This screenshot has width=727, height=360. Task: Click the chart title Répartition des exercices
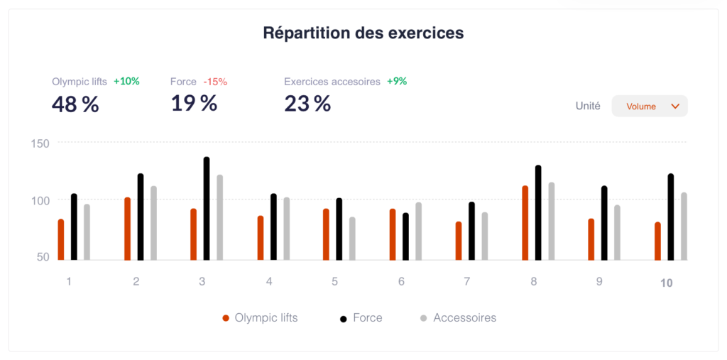(363, 33)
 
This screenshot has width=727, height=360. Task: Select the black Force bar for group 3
(207, 209)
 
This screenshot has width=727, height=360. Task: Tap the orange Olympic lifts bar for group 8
(525, 223)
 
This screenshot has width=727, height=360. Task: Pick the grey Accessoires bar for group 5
(352, 239)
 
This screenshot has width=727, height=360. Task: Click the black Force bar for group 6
(405, 236)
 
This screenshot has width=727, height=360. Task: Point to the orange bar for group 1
(61, 240)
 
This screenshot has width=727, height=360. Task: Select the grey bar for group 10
(684, 227)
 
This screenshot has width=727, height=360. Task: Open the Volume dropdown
(650, 107)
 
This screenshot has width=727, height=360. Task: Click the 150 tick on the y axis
(40, 143)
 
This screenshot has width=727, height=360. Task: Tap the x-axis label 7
(466, 281)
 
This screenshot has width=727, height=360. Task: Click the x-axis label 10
(666, 283)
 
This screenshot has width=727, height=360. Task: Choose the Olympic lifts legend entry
(260, 318)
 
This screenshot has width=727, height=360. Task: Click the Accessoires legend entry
(458, 318)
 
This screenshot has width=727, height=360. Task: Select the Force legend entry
(361, 318)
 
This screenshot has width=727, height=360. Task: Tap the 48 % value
(75, 104)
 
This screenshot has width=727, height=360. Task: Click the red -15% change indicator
(215, 82)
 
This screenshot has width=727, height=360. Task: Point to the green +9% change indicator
(397, 82)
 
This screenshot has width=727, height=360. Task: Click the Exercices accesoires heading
(332, 82)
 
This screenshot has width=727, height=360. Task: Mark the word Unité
(588, 106)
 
